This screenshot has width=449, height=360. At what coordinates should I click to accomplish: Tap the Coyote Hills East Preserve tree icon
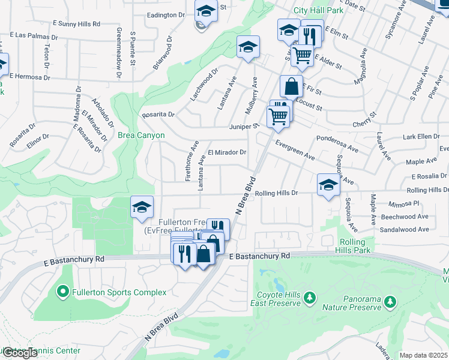tap(310, 297)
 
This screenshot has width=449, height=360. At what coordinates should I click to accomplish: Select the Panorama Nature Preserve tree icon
tap(391, 299)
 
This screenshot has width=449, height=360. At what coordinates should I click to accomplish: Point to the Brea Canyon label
tap(141, 136)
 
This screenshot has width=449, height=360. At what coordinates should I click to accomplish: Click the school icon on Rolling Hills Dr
tap(328, 185)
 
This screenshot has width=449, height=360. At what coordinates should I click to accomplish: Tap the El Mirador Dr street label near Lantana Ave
tap(227, 152)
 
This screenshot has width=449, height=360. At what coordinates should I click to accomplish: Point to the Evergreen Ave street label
tap(295, 151)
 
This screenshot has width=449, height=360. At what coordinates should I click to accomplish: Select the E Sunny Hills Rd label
tap(76, 23)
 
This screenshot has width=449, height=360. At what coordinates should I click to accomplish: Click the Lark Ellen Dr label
tap(421, 137)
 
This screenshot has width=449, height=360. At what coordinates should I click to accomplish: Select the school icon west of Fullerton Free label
tap(142, 208)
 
